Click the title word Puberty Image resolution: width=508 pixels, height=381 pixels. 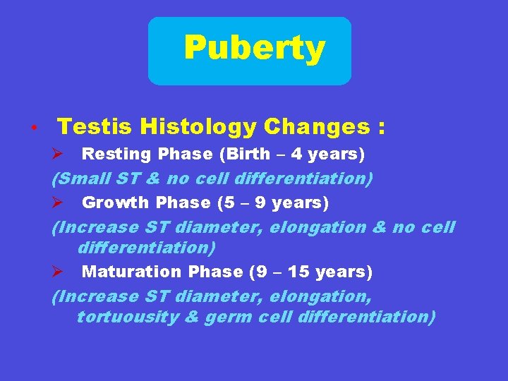254,49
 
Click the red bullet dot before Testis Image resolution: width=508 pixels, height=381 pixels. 33,129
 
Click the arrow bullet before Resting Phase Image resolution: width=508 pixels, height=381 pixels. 59,154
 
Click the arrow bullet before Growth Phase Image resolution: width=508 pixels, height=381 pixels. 59,203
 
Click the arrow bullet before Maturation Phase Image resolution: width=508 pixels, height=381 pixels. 59,272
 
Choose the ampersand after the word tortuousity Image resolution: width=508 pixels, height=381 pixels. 191,317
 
